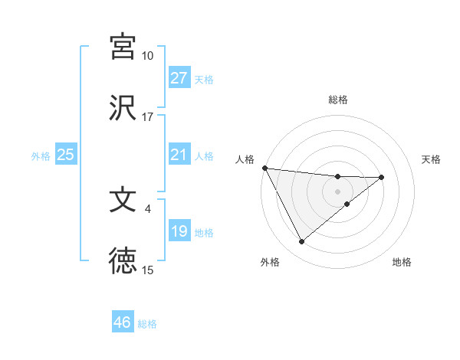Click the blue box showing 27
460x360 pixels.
179,78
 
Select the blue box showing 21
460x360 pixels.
179,155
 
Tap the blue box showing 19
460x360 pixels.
179,231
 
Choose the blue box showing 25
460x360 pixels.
65,155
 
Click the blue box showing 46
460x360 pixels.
123,322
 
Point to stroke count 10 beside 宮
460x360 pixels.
147,56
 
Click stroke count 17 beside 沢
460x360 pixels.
147,117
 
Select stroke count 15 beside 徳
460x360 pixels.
147,270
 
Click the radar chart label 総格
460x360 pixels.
338,100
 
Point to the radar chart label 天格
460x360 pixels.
432,159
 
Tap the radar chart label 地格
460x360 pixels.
402,262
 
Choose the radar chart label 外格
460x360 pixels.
270,262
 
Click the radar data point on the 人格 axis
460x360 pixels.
264,168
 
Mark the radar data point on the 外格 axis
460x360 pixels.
301,242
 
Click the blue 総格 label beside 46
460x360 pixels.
147,323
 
